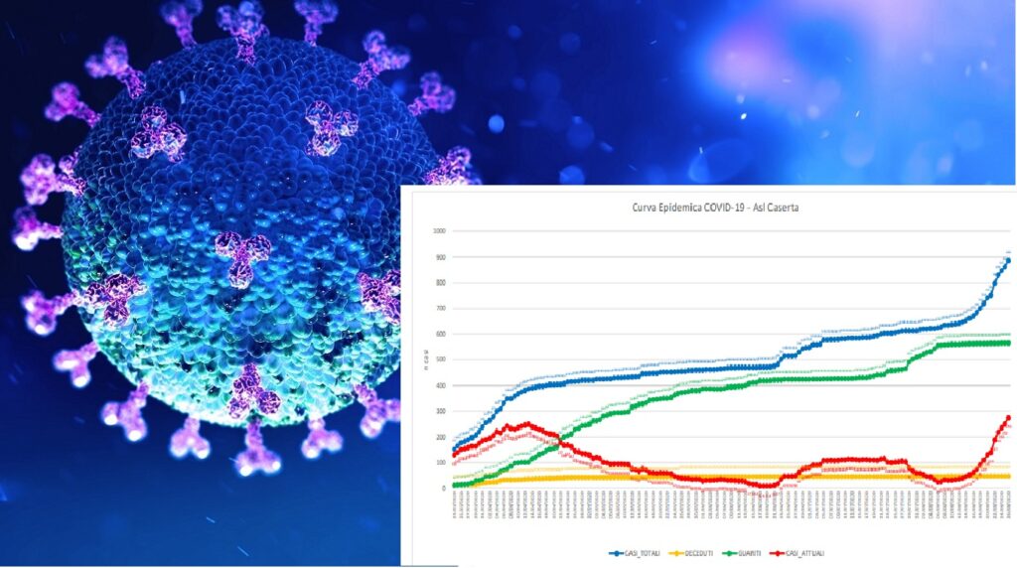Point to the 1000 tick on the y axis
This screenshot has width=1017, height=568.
click(438, 231)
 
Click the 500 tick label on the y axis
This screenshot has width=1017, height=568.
click(440, 359)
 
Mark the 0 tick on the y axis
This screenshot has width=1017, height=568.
click(444, 489)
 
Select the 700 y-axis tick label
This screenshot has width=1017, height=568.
click(440, 309)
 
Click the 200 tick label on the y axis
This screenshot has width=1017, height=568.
click(440, 437)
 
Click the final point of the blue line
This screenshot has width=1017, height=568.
click(1008, 260)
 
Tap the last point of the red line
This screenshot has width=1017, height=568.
click(1008, 418)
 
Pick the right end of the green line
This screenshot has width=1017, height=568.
click(1008, 343)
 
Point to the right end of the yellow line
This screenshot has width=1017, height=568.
click(1008, 477)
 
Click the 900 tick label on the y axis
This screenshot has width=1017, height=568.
click(440, 257)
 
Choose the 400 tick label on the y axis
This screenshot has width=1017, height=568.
click(440, 385)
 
